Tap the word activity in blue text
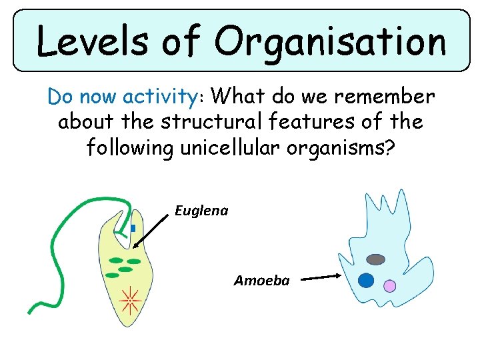157,97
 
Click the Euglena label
201,211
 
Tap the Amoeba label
262,281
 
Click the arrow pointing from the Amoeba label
320,277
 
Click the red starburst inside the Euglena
130,302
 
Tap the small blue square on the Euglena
133,228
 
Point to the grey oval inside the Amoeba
376,259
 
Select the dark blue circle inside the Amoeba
366,281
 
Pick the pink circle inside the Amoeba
390,286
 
